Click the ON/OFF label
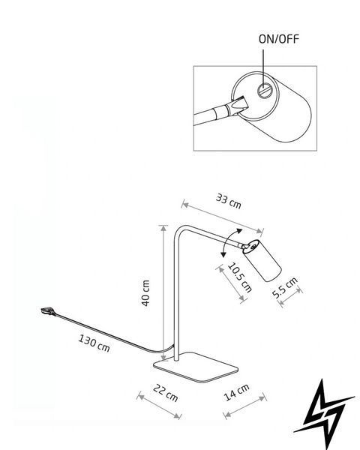click(278, 39)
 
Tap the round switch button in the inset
click(264, 91)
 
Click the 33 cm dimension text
click(229, 201)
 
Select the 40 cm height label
click(145, 293)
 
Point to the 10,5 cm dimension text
click(240, 277)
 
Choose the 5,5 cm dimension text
click(285, 288)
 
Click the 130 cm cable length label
click(94, 343)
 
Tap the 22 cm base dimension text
click(166, 393)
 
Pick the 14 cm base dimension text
click(236, 392)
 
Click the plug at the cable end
click(48, 311)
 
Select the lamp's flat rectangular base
click(196, 367)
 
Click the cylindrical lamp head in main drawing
click(262, 260)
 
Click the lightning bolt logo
click(324, 413)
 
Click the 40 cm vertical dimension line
click(163, 292)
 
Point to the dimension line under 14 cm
click(245, 406)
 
